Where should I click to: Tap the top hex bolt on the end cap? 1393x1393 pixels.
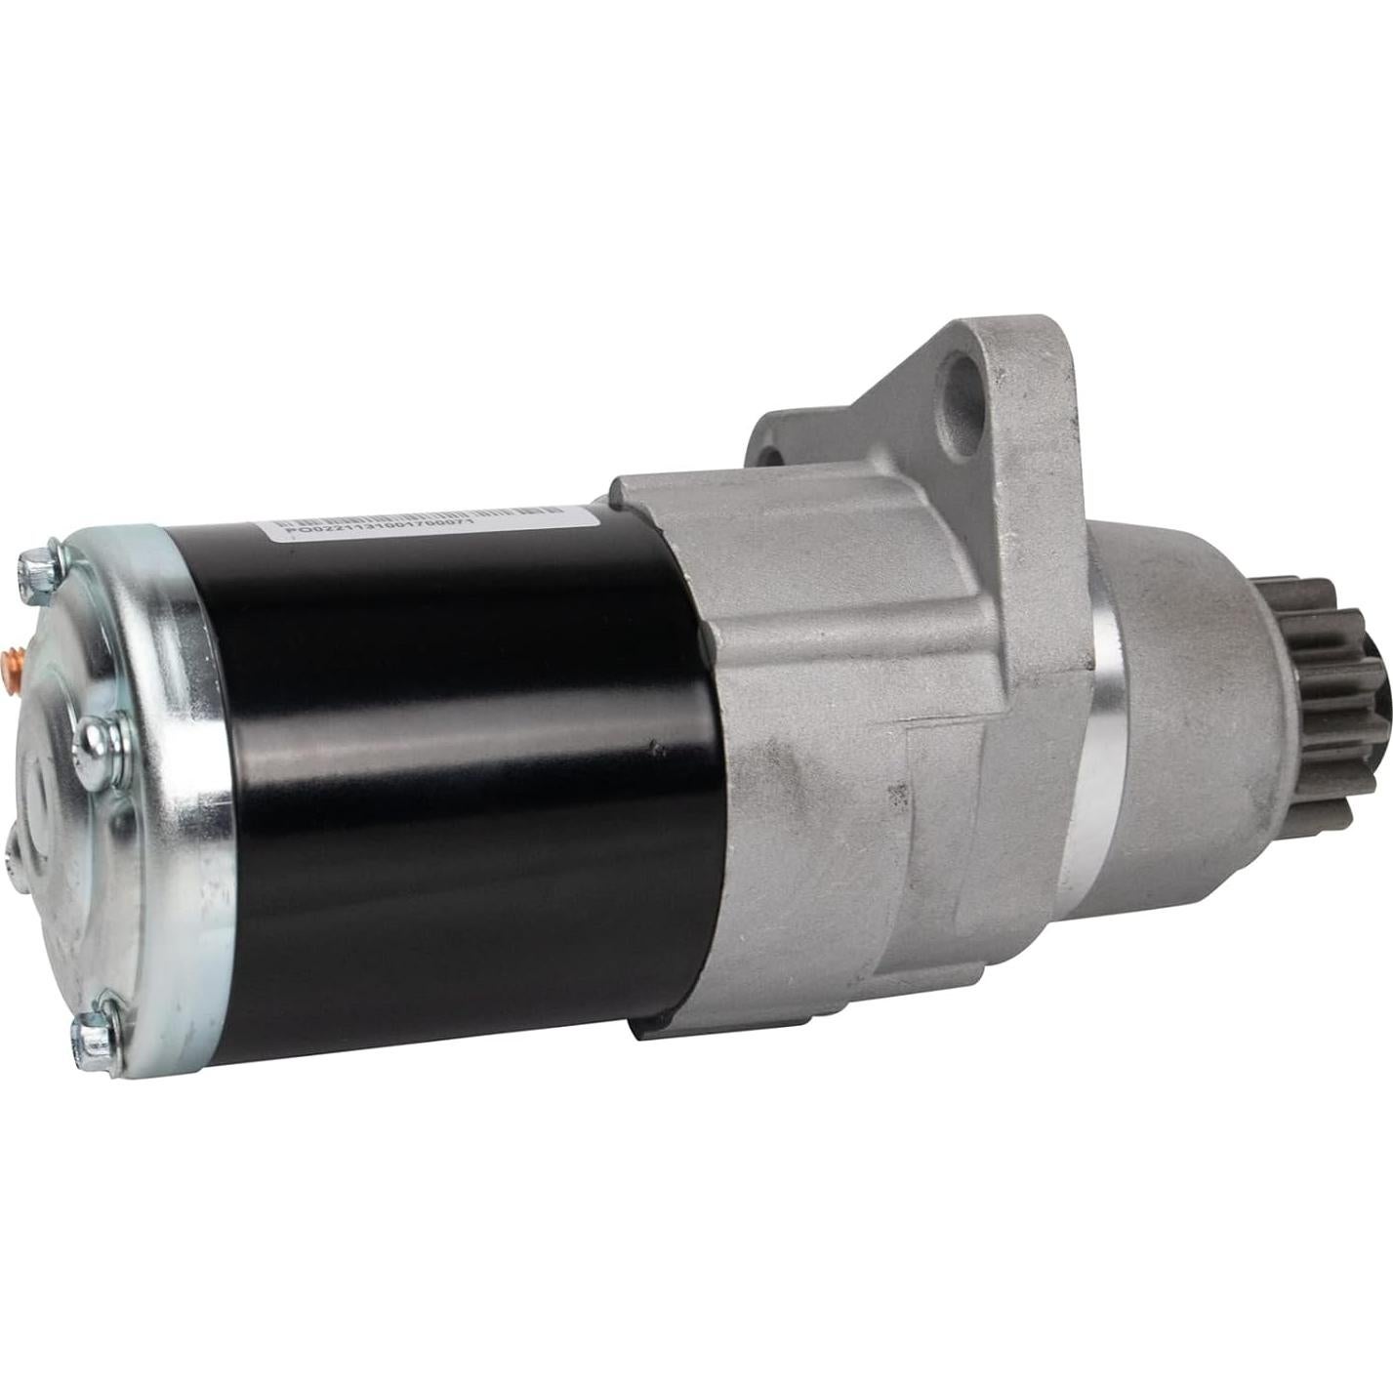[x=39, y=566]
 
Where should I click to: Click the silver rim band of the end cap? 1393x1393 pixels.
[x=176, y=781]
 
